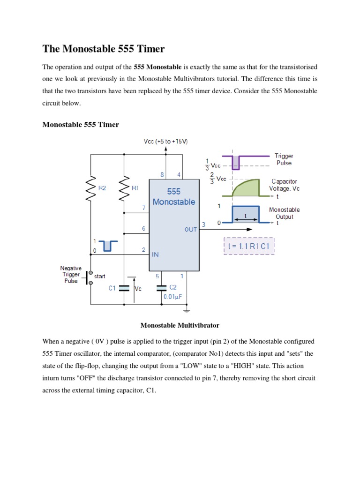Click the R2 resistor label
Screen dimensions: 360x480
pyautogui.click(x=102, y=188)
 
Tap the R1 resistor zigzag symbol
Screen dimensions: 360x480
pyautogui.click(x=124, y=189)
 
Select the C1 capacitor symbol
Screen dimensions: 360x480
pyautogui.click(x=124, y=288)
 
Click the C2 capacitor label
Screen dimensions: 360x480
pyautogui.click(x=173, y=287)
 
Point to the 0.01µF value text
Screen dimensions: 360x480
pyautogui.click(x=172, y=297)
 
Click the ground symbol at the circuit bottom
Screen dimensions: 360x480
pyautogui.click(x=187, y=311)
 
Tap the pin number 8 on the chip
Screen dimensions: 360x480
pyautogui.click(x=162, y=175)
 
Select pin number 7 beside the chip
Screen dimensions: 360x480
pyautogui.click(x=143, y=208)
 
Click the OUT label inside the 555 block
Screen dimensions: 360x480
pyautogui.click(x=190, y=229)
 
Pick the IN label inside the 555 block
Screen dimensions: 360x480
pyautogui.click(x=155, y=255)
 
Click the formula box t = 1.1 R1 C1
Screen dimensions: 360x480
pyautogui.click(x=249, y=246)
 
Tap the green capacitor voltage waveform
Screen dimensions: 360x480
pyautogui.click(x=246, y=187)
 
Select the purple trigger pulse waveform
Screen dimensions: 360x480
pyautogui.click(x=246, y=162)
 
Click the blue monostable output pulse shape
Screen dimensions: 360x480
pyautogui.click(x=246, y=214)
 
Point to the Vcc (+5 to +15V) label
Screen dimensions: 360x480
pyautogui.click(x=165, y=141)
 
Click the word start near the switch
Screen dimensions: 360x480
pyautogui.click(x=99, y=276)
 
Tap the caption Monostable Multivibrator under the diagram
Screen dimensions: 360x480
pyautogui.click(x=180, y=325)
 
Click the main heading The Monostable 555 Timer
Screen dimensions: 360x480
pyautogui.click(x=104, y=49)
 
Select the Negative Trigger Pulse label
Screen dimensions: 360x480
pyautogui.click(x=71, y=274)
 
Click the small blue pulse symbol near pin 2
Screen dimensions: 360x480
pyautogui.click(x=108, y=246)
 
